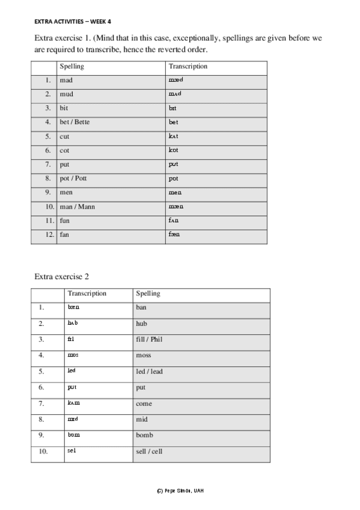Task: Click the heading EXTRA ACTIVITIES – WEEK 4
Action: click(73, 21)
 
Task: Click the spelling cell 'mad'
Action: click(66, 80)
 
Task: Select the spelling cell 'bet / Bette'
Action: click(75, 122)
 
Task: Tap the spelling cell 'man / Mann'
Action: click(77, 207)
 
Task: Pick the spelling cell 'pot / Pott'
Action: click(73, 179)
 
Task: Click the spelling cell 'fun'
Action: click(65, 221)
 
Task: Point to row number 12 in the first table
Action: click(49, 235)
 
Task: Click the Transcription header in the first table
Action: click(188, 66)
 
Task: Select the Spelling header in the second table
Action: click(148, 293)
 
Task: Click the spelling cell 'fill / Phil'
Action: click(149, 340)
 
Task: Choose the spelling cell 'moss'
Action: click(144, 355)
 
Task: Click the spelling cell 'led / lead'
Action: click(149, 372)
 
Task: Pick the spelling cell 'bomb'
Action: click(145, 435)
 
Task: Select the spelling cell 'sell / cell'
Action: click(149, 452)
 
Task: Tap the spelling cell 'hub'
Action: click(142, 324)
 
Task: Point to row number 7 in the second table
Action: click(41, 404)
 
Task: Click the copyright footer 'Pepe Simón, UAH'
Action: click(180, 491)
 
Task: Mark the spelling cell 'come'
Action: click(144, 404)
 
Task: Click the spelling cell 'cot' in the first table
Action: click(64, 150)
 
